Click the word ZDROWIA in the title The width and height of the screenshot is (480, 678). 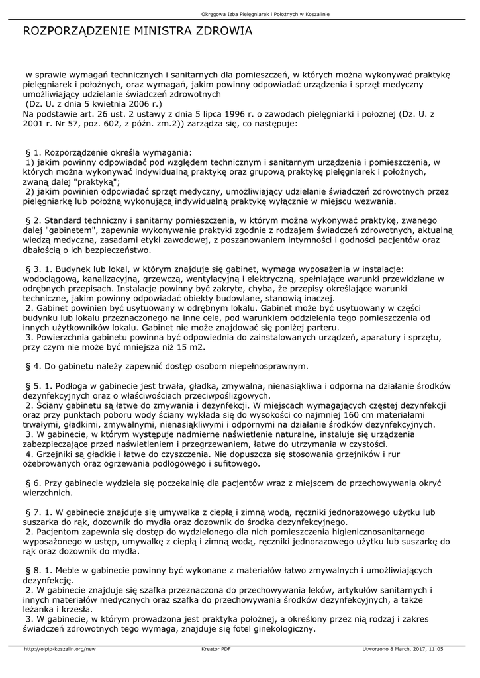tap(221, 30)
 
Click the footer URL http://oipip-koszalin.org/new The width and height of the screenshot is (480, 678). tap(60, 650)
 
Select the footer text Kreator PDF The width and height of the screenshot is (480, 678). tap(216, 650)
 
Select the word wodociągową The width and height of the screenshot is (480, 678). tap(48, 279)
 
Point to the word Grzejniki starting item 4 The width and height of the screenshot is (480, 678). tap(56, 455)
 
